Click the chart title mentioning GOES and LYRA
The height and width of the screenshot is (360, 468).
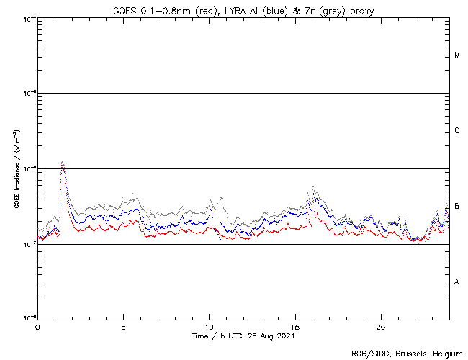(243, 10)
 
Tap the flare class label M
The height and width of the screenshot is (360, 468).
(457, 55)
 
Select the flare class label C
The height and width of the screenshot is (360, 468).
(457, 131)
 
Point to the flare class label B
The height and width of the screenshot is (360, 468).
(457, 207)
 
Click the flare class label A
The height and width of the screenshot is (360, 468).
(457, 282)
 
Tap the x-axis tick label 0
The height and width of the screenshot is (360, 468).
(37, 326)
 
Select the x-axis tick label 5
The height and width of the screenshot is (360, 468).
(123, 326)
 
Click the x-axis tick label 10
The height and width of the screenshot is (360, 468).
(209, 326)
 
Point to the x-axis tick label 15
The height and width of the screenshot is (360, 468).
(295, 326)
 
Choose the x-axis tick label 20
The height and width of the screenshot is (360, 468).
(381, 326)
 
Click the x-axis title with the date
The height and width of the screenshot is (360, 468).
(243, 336)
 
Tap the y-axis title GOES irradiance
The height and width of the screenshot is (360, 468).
(15, 169)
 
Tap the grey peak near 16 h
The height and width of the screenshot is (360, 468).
(313, 188)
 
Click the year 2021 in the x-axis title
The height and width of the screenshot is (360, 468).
(284, 336)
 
